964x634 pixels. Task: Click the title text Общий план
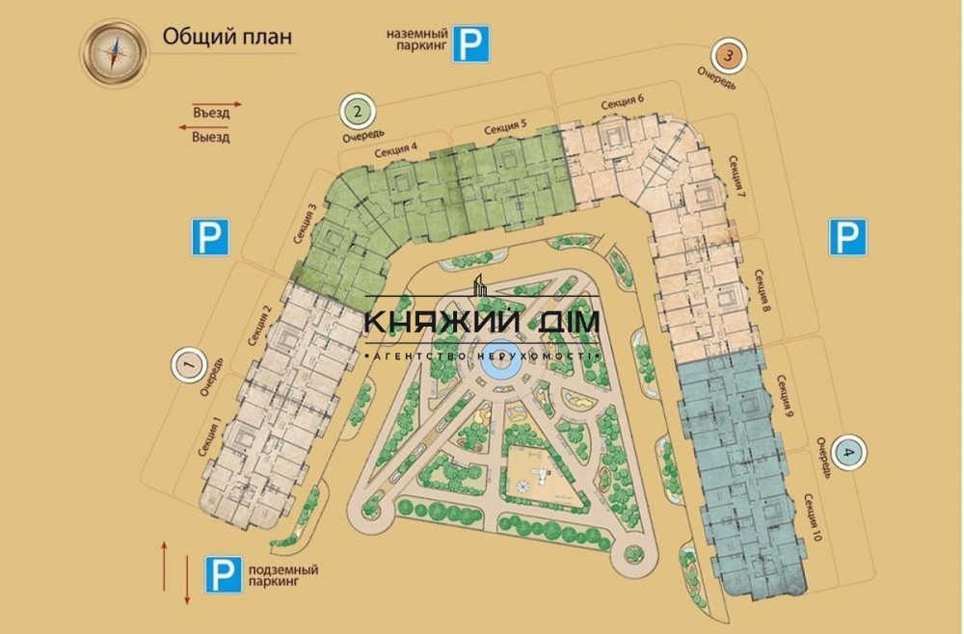[227, 38]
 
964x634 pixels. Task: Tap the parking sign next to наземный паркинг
[472, 44]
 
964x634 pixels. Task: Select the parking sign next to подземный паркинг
[222, 576]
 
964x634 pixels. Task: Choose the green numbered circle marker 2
[359, 112]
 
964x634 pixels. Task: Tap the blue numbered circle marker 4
[848, 451]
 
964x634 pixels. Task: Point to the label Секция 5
[505, 126]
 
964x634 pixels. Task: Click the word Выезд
[211, 138]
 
